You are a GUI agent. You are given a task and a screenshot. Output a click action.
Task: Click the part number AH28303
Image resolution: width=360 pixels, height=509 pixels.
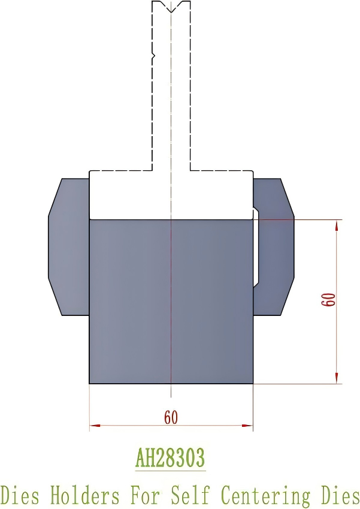170,458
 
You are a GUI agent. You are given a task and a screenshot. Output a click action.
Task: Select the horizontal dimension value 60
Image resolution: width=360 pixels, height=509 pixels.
171,418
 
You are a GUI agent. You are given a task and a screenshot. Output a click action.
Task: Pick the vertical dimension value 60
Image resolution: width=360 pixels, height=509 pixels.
328,300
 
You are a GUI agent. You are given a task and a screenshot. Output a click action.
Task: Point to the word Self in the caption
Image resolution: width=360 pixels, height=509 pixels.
191,496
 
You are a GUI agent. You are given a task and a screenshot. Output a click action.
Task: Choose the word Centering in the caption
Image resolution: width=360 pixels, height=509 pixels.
265,496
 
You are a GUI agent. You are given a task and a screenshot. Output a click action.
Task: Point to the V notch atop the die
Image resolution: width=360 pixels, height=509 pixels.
171,8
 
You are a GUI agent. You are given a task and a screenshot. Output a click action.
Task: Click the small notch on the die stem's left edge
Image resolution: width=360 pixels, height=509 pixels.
153,56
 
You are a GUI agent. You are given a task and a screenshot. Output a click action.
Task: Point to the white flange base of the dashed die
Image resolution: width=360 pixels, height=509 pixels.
171,195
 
